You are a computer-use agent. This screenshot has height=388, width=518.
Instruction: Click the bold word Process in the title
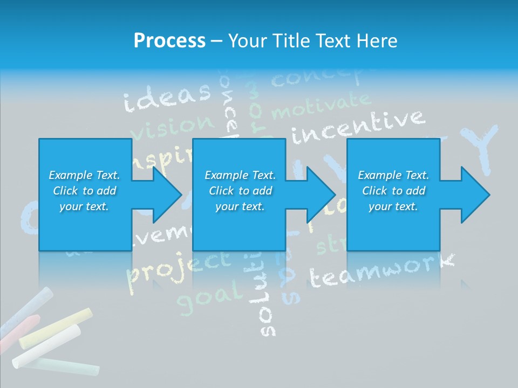tap(169, 41)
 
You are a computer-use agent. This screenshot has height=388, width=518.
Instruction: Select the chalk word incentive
tap(357, 127)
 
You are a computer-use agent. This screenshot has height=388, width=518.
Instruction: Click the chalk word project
tap(178, 266)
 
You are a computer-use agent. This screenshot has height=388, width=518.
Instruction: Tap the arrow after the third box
tap(467, 195)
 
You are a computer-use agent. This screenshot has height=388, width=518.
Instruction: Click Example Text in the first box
tap(84, 175)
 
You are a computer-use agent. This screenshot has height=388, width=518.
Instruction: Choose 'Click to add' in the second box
tap(240, 191)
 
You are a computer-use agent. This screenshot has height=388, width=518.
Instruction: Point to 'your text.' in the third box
tap(393, 206)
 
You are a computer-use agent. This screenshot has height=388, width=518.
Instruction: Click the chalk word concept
tap(318, 79)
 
